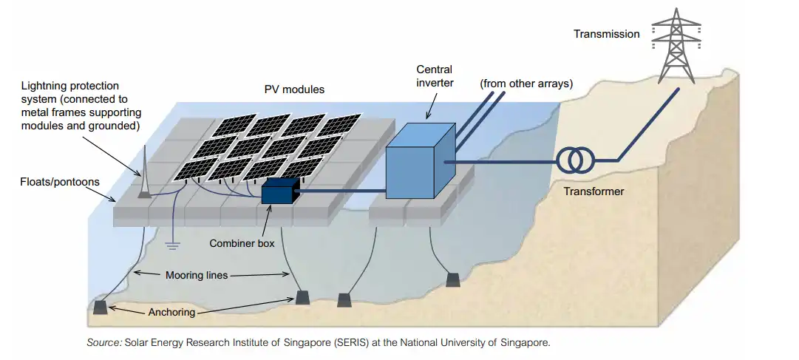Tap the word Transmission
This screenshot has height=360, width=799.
click(607, 34)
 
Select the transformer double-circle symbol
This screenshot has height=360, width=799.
click(575, 159)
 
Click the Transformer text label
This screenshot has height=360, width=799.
click(594, 191)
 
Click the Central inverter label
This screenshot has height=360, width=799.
click(435, 76)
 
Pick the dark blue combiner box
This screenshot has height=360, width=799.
click(278, 191)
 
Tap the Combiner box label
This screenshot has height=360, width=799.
click(242, 243)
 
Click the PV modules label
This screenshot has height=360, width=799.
click(294, 90)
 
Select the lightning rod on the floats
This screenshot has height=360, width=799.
click(145, 174)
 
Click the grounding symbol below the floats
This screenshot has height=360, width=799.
click(174, 245)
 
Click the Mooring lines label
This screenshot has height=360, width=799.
click(197, 275)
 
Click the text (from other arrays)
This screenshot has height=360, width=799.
click(526, 84)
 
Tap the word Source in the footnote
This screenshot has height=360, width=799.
click(103, 342)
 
